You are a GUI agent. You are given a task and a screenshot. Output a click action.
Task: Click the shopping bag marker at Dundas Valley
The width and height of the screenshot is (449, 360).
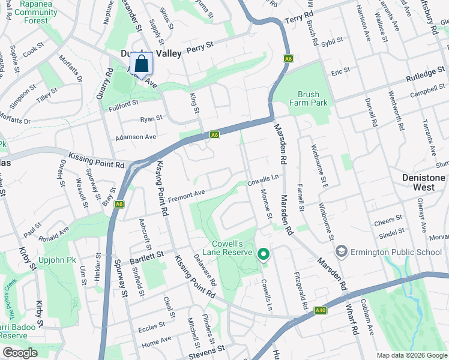click(x=140, y=64)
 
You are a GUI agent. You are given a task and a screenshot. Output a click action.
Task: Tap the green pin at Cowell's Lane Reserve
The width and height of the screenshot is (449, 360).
click(x=263, y=254)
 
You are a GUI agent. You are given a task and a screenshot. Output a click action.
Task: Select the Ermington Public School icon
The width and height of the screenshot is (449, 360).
click(x=342, y=251)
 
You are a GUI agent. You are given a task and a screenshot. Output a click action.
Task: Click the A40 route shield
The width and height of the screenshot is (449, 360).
click(x=322, y=310)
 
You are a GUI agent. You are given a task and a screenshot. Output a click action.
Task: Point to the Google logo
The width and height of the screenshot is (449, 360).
click(x=20, y=353)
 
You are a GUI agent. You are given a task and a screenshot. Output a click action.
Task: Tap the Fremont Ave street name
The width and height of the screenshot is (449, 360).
click(x=186, y=196)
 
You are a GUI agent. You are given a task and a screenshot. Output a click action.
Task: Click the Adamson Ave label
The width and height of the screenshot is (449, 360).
click(x=136, y=137)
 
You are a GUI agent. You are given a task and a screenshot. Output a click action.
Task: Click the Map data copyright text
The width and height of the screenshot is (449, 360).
click(x=411, y=355)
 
